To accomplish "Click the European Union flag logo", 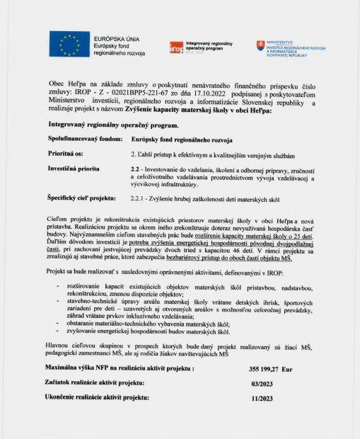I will [x=69, y=45].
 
